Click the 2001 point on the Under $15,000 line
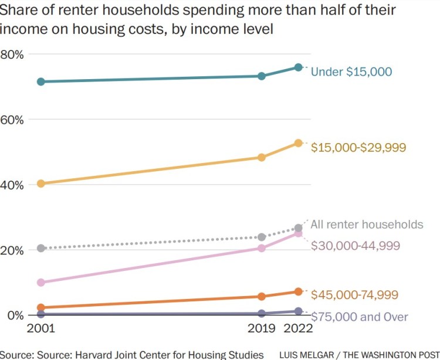click(41, 81)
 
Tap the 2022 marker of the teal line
click(298, 67)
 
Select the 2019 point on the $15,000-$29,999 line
click(262, 157)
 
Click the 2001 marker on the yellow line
click(41, 184)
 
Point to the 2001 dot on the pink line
click(41, 282)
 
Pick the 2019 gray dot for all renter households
click(262, 237)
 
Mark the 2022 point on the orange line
click(298, 291)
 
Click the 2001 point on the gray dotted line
click(41, 248)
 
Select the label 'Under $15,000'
click(351, 72)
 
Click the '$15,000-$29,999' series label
click(358, 148)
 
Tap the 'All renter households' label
click(367, 225)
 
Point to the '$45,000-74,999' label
click(354, 294)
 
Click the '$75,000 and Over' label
click(359, 317)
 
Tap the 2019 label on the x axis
click(262, 330)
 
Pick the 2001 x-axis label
click(41, 330)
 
